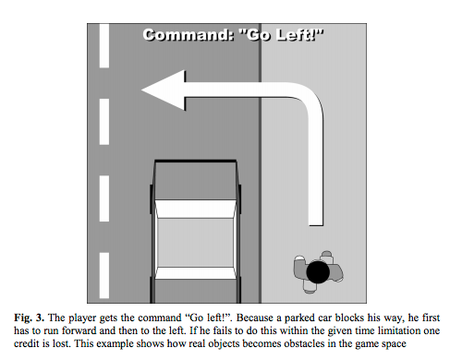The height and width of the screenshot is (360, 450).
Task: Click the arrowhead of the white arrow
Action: (164, 90)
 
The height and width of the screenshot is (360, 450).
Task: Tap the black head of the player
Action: (318, 272)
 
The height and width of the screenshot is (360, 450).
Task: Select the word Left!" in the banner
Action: (299, 35)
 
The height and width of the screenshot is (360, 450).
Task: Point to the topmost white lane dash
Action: (104, 45)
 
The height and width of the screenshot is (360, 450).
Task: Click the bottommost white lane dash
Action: (104, 275)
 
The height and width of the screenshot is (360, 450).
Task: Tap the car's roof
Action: (195, 243)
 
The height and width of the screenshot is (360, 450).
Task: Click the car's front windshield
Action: (195, 210)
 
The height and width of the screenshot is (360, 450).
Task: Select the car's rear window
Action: (195, 273)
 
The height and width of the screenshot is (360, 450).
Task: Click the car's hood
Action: (195, 180)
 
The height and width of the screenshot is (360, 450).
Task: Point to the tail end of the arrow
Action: (316, 224)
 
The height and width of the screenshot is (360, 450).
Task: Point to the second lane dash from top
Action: (104, 122)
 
